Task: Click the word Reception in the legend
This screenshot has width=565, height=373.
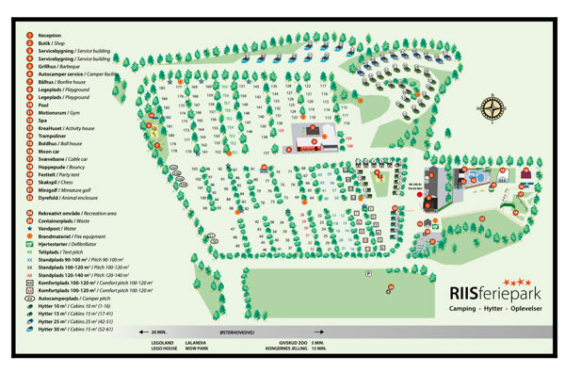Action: pos(50,35)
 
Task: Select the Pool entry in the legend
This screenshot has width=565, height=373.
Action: pos(44,105)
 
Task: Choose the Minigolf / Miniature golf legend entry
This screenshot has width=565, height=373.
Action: pos(67,190)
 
